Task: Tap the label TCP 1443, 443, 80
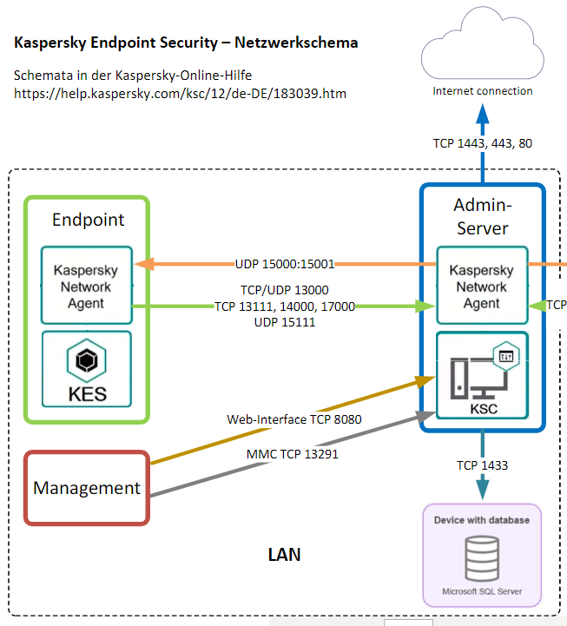coord(483,142)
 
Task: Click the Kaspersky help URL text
coord(180,93)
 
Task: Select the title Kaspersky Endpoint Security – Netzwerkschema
coord(186,42)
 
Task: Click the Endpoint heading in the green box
coord(88,220)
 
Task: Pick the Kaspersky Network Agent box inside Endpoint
coord(87,287)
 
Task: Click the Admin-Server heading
coord(482,216)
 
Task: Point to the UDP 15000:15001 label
coord(285,263)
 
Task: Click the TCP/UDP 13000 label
coord(284,290)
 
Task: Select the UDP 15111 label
coord(285,322)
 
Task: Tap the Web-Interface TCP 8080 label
coord(294,419)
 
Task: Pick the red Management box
coord(87,488)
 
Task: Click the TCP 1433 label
coord(482,465)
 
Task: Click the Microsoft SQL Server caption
coord(481,591)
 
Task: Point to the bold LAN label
coord(284,554)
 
